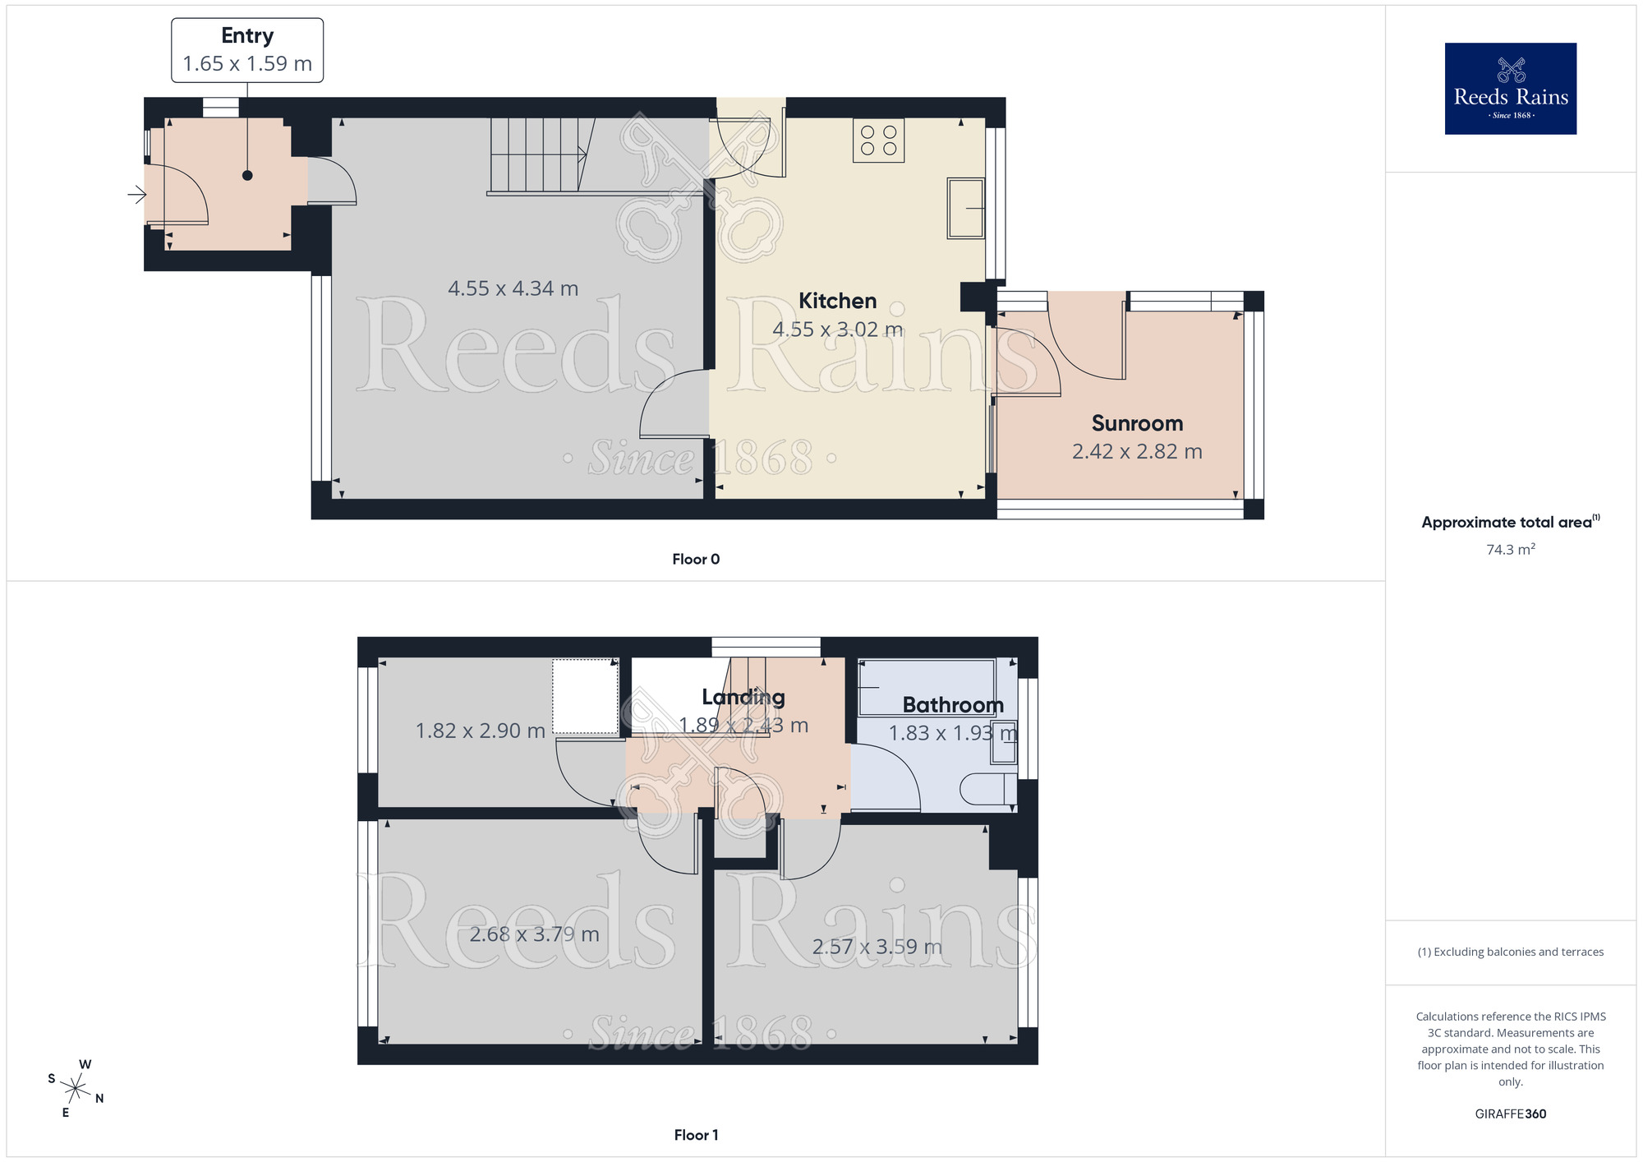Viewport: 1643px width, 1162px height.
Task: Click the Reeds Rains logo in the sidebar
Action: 1510,89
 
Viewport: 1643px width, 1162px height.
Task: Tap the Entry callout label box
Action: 247,50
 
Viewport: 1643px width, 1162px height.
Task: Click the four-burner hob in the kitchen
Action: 878,141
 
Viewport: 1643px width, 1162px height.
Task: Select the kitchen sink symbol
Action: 966,208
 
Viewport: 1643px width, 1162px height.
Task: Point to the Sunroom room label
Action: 1137,423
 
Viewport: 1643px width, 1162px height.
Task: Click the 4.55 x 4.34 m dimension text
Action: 513,288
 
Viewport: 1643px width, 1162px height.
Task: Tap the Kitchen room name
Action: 837,301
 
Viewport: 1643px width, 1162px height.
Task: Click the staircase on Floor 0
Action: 538,154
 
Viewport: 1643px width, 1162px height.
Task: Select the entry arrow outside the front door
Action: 136,195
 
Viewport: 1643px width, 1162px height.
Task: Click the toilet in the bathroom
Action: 989,789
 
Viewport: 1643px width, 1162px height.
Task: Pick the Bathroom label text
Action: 953,705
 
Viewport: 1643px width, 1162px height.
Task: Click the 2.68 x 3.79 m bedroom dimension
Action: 534,934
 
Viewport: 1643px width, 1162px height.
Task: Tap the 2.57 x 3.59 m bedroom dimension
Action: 877,947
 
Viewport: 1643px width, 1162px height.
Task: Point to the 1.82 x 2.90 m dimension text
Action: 480,731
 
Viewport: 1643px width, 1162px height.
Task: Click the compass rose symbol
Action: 76,1089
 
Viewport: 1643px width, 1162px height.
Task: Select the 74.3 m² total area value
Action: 1510,549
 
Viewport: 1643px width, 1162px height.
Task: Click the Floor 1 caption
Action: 696,1135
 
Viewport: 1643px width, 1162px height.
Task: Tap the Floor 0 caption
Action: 696,559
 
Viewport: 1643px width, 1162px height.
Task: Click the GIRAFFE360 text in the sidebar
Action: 1510,1114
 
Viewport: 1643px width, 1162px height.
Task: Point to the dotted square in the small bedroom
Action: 585,696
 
